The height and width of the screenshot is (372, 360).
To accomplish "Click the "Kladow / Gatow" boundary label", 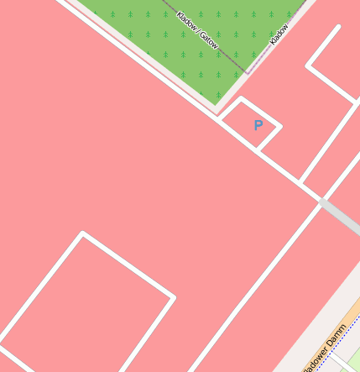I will (x=198, y=30).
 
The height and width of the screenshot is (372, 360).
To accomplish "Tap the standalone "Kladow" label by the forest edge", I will (x=279, y=34).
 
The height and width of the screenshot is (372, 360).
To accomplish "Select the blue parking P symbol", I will (x=258, y=125).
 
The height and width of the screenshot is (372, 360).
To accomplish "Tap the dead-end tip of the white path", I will (x=339, y=27).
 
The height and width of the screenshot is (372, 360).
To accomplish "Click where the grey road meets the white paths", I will (x=321, y=201).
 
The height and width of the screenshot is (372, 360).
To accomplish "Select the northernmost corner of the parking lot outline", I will (x=243, y=99).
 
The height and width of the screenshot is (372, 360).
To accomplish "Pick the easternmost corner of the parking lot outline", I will (x=280, y=128).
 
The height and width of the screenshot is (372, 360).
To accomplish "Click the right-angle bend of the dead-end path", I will (x=308, y=65).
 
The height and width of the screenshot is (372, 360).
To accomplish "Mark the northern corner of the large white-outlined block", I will (x=82, y=233).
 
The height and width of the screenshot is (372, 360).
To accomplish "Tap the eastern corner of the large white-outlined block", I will (x=174, y=297).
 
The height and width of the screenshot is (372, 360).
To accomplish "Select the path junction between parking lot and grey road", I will (x=300, y=181).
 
